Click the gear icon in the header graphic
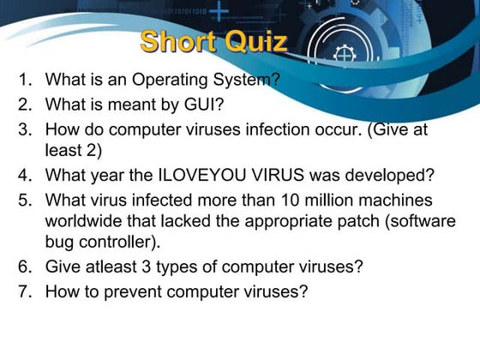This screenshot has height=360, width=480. (x=345, y=55)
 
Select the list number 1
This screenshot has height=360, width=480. (x=25, y=79)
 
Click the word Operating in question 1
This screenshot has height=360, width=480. (x=170, y=81)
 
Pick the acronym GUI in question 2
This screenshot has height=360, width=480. (x=200, y=105)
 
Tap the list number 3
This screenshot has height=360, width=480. (x=25, y=129)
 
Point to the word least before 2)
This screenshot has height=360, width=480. (x=63, y=150)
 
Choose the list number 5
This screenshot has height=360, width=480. (x=25, y=201)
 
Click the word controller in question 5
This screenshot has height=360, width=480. (x=116, y=242)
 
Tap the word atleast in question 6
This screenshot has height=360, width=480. (x=111, y=267)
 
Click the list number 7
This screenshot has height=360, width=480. (x=25, y=291)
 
